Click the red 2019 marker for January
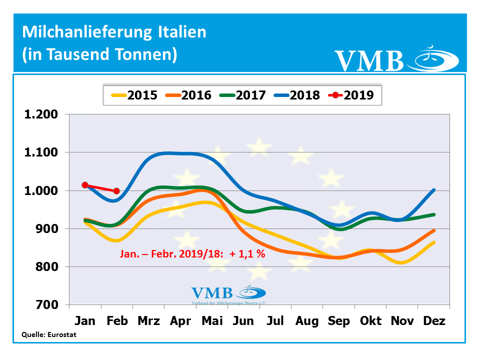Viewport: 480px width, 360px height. coord(85,185)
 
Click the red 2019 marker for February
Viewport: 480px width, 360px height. coord(116,191)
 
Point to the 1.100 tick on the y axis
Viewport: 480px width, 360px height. coord(41,152)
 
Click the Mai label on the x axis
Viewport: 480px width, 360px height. coord(212,320)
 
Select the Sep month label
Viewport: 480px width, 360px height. coord(338,320)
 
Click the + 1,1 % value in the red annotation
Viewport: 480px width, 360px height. coord(247,254)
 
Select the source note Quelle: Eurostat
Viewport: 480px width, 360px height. coord(48,334)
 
